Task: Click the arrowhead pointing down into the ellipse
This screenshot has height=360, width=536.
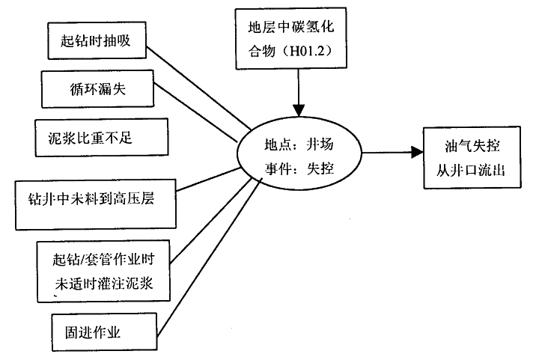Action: pyautogui.click(x=299, y=107)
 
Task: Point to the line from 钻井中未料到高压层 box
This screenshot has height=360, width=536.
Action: pyautogui.click(x=210, y=183)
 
